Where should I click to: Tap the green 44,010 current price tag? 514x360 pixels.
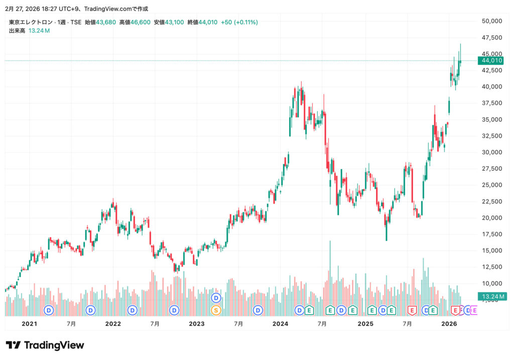pos(492,60)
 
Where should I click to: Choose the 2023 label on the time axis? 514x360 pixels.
pos(197,324)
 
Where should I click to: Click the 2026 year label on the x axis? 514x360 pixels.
pos(449,324)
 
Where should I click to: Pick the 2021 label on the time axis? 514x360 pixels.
pos(30,324)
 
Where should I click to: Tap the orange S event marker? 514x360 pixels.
pos(216,310)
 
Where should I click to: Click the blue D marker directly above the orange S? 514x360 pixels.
pos(216,298)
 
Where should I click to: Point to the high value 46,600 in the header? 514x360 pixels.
pos(141,22)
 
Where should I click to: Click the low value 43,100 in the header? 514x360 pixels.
pos(175,22)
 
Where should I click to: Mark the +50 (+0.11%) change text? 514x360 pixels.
pos(239,22)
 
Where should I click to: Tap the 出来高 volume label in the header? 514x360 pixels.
pos(17,31)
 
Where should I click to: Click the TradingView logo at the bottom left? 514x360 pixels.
pos(45,345)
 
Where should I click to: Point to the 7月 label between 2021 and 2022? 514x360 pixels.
pos(71,324)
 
